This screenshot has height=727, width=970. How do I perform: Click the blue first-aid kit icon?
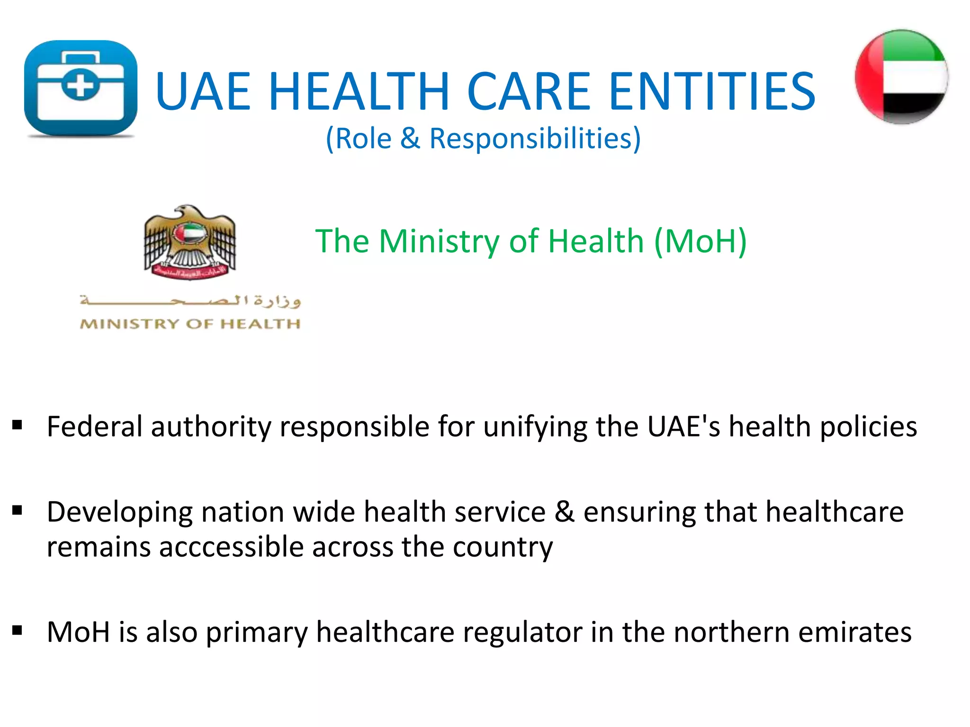coord(81,89)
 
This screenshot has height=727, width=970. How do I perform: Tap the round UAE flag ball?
coord(901,77)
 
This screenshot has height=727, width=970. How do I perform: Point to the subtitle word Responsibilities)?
coord(535,139)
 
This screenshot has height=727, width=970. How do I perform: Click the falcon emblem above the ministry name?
coord(189,242)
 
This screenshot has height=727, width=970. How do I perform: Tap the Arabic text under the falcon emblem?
coord(190,301)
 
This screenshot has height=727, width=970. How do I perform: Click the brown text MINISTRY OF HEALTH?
coord(190,324)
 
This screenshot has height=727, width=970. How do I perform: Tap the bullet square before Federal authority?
coord(18,425)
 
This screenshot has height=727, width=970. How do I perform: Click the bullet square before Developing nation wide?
coord(18,510)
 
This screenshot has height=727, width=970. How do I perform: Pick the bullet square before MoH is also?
coord(18,630)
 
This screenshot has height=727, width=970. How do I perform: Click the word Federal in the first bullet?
coord(95,426)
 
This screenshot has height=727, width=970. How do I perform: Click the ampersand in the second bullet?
coord(565,512)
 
